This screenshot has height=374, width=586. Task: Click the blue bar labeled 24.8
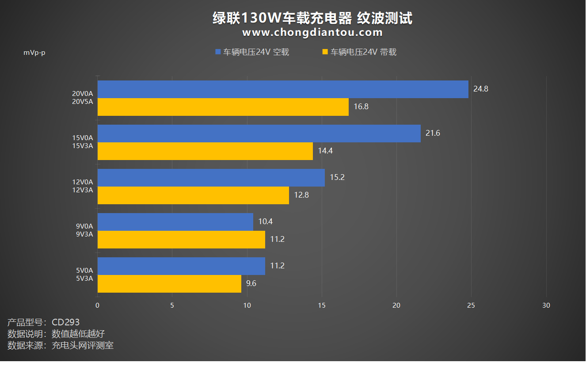(x=283, y=89)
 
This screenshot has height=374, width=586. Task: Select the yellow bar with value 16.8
(x=223, y=107)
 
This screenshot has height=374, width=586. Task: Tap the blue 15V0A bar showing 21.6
(x=259, y=134)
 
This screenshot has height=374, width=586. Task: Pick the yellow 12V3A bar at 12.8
(x=193, y=195)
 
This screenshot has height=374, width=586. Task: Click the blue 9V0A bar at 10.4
(x=175, y=222)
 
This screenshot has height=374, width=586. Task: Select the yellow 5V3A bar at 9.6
(x=169, y=284)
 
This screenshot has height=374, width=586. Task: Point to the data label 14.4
(x=325, y=151)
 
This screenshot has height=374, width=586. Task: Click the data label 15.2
(x=337, y=177)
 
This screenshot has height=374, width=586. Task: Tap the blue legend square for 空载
(x=217, y=52)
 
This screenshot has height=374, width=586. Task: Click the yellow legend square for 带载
(x=325, y=52)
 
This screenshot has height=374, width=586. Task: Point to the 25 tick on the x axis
(x=471, y=305)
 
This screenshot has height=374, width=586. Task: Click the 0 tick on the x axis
(x=98, y=305)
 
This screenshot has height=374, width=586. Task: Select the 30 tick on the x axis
(x=546, y=305)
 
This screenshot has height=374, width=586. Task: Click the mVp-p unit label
(x=34, y=53)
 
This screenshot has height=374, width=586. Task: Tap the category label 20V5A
(x=83, y=102)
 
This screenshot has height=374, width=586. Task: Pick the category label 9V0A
(x=84, y=226)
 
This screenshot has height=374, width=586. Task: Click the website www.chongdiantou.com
(x=312, y=32)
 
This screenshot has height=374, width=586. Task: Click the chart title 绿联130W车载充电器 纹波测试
(x=312, y=18)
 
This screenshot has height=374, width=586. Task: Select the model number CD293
(x=65, y=322)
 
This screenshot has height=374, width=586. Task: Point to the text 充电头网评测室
(x=83, y=345)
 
